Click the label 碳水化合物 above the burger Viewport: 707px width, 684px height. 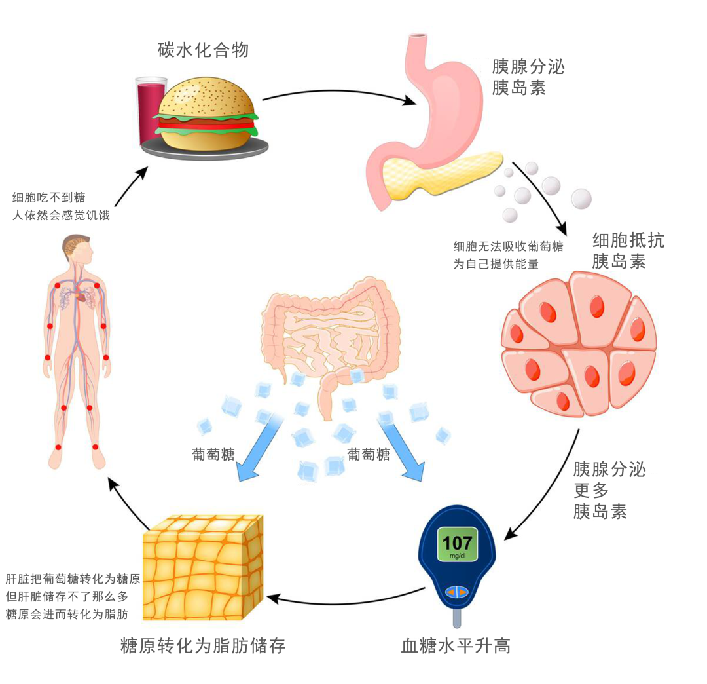[x=204, y=49]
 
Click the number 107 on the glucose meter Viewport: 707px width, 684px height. [x=457, y=543]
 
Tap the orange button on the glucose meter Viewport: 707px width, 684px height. [x=456, y=592]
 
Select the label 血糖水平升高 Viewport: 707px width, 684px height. [x=456, y=646]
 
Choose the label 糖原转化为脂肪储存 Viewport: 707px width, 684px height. [x=203, y=646]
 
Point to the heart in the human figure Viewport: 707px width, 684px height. [x=81, y=297]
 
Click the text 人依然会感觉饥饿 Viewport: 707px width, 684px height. [x=61, y=214]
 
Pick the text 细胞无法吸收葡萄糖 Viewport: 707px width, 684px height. [x=509, y=247]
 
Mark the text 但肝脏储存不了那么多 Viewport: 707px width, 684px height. [x=66, y=597]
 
